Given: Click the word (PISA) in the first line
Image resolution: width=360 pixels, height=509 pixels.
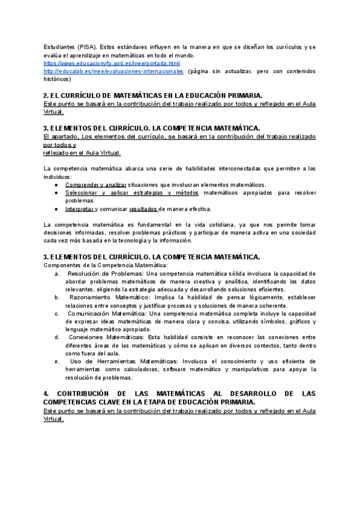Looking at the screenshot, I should [x=87, y=47].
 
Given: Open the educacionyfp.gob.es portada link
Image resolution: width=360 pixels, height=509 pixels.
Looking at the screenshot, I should [x=112, y=62].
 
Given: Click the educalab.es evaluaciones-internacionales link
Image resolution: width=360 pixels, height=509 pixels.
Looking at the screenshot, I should [x=113, y=70].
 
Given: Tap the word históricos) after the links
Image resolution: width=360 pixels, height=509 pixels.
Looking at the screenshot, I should [x=58, y=78].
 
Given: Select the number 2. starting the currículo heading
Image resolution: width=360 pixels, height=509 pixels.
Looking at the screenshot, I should [x=46, y=95].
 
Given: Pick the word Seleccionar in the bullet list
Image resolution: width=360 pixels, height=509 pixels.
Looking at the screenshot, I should [x=82, y=193].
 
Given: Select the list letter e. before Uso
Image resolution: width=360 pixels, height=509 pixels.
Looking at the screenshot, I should [x=56, y=361].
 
